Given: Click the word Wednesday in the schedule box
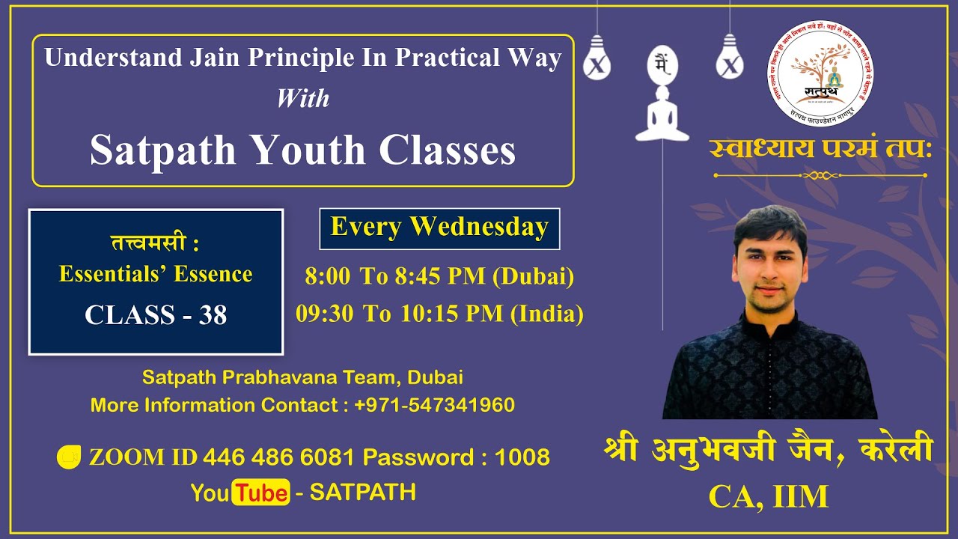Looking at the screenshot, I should [480, 228].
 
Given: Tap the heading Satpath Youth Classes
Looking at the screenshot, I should [302, 150].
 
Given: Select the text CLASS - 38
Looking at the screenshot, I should [156, 315].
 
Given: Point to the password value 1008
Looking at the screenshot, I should [522, 457].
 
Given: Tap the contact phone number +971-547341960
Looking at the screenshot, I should [434, 405].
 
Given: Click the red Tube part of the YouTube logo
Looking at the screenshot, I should [260, 493].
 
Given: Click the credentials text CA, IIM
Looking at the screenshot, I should [769, 497].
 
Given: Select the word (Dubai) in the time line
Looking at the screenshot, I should [533, 277].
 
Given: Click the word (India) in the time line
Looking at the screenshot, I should [546, 314].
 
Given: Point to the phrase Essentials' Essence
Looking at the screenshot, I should [156, 274].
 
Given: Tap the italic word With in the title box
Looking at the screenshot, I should [302, 98].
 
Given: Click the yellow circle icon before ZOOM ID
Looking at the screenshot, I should [69, 457].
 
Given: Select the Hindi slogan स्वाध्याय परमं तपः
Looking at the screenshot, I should [820, 148].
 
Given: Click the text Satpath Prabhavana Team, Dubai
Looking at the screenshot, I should [302, 377].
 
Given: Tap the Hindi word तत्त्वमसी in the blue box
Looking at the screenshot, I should [148, 244].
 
